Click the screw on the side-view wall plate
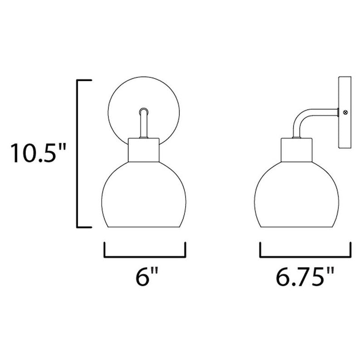coord(346,113)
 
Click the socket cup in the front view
coord(143,150)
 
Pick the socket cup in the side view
coord(297,150)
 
